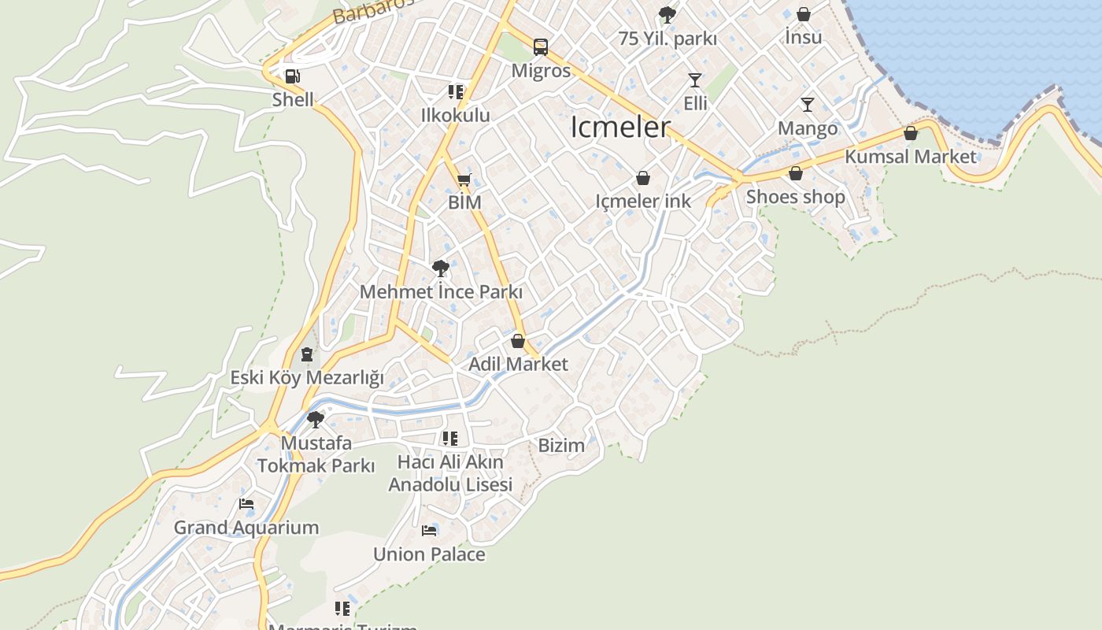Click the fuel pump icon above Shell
coord(292,76)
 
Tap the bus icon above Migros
coord(541,47)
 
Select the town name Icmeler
coord(620,127)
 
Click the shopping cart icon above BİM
coord(464,180)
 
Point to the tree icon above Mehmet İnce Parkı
coord(441,269)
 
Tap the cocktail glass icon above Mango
coord(807,105)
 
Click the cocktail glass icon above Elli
coord(694,80)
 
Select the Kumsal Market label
coord(911,157)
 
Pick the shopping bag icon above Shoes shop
coord(796,174)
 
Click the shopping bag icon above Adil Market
coord(518,342)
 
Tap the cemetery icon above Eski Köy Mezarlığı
coord(307,355)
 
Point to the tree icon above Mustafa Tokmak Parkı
coord(316,420)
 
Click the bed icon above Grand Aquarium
coord(246,504)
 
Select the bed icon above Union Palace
coord(429,531)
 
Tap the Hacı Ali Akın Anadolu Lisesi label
coord(450,473)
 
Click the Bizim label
coord(561,446)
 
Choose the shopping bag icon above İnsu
coord(803,14)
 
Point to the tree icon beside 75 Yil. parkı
coord(667,14)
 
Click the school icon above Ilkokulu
coord(455,92)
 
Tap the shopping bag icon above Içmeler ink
coord(643,179)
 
